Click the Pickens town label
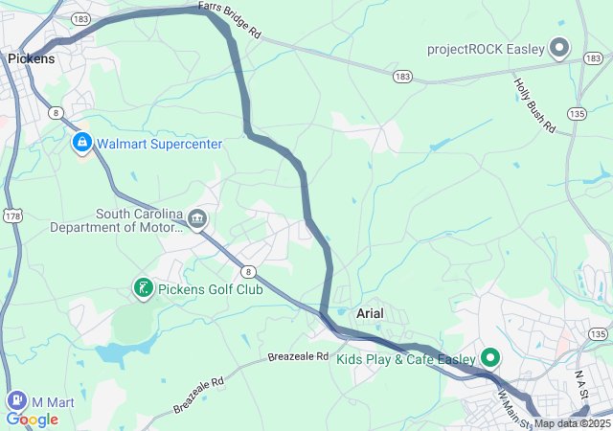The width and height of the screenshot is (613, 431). coord(31,58)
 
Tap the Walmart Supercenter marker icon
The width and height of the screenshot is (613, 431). coord(81,144)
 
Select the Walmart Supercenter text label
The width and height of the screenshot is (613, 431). coord(159,144)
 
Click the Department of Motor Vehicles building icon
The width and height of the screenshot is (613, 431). coord(197,220)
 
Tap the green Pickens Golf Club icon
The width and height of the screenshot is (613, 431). coord(143,288)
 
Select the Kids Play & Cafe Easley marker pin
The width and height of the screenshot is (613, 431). coord(491,359)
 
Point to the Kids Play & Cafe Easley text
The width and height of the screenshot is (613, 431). coord(406,360)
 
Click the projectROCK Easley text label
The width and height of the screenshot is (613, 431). coord(486,49)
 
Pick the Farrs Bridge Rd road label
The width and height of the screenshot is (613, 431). coord(230,20)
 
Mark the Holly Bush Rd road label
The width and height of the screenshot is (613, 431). coord(532,101)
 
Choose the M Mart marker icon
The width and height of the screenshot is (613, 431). coord(16,399)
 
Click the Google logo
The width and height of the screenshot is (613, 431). coord(32,420)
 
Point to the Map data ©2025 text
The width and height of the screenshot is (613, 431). coord(572,423)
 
